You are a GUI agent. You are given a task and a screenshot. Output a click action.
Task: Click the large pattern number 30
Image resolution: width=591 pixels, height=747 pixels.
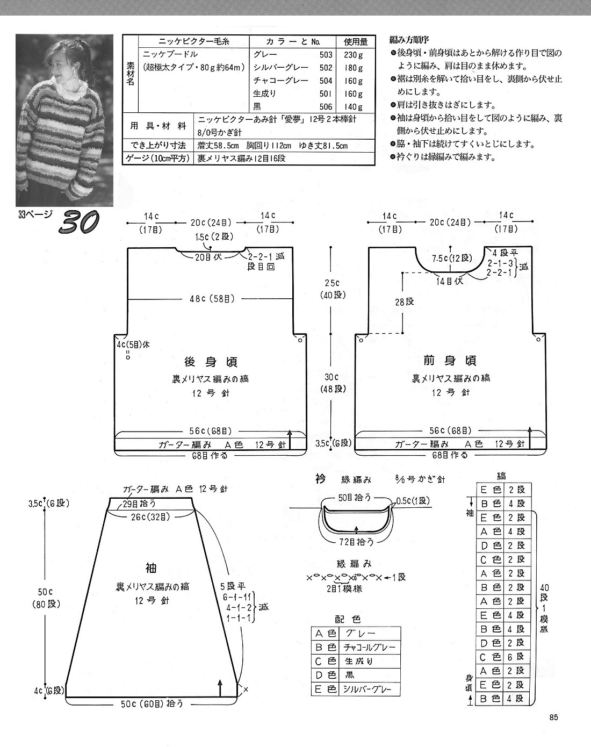(79, 222)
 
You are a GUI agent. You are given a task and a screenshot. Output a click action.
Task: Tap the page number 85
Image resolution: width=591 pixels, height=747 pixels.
(553, 717)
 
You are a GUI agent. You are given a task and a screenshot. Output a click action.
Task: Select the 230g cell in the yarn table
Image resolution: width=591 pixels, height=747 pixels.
(354, 54)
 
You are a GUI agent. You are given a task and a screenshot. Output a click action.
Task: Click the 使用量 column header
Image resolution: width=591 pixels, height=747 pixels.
(355, 42)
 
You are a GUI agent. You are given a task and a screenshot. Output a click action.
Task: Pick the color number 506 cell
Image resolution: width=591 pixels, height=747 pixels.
(326, 106)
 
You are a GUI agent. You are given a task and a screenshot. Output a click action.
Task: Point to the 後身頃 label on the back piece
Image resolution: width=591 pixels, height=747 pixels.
(211, 362)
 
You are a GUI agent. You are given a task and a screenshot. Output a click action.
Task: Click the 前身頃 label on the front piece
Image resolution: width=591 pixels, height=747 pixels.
(450, 361)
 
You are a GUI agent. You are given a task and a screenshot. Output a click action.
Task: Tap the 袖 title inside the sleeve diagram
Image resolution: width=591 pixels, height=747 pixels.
(152, 568)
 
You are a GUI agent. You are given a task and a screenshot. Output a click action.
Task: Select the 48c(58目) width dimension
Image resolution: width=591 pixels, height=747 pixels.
(212, 298)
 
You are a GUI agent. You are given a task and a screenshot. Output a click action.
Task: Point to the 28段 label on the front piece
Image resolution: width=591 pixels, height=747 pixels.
(404, 301)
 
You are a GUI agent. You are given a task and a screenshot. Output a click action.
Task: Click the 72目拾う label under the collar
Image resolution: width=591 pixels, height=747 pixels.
(356, 541)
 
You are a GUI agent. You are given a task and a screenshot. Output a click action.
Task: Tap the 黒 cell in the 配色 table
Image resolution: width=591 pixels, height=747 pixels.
(349, 675)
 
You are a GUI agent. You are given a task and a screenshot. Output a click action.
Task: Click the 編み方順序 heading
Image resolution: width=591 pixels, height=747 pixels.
(409, 40)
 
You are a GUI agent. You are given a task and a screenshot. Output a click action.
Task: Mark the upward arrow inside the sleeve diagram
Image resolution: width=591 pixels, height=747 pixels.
(220, 688)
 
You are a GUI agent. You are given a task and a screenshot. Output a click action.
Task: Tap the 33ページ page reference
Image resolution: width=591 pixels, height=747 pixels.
(35, 214)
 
